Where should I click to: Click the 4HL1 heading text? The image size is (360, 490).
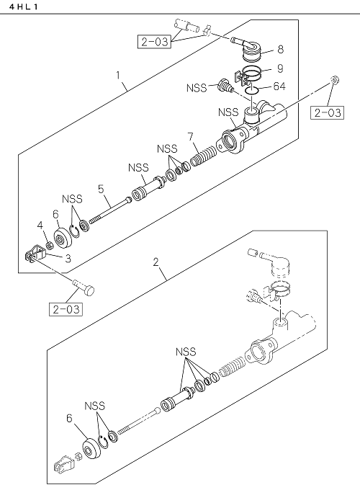[x=24, y=6]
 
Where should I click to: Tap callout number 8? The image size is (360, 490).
[x=280, y=49]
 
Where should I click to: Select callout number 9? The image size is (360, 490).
[x=280, y=68]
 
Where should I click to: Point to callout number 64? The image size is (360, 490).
[x=279, y=86]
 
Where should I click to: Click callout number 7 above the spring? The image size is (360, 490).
[x=190, y=137]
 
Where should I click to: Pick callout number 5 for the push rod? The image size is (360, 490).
[x=101, y=189]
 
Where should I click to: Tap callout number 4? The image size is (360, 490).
[x=40, y=225]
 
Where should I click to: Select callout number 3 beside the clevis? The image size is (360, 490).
[x=68, y=258]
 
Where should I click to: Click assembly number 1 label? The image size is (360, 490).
[x=118, y=76]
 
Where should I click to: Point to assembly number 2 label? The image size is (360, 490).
[x=156, y=262]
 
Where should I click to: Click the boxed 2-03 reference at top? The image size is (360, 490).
[x=154, y=42]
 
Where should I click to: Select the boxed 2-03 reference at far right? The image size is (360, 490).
[x=327, y=112]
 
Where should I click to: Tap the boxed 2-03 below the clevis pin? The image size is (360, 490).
[x=66, y=309]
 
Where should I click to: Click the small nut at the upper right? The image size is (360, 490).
[x=335, y=80]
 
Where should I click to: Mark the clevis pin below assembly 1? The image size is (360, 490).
[x=84, y=288]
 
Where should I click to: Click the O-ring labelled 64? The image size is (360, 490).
[x=251, y=90]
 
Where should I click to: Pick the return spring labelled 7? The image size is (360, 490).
[x=203, y=156]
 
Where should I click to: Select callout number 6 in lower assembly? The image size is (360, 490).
[x=69, y=418]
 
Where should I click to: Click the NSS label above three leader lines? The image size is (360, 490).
[x=186, y=352]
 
